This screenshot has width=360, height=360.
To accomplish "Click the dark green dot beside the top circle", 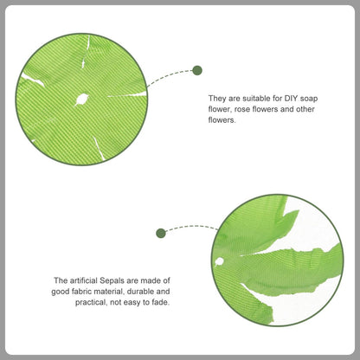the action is [197, 70].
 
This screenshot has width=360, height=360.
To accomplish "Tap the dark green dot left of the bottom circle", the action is [161, 233].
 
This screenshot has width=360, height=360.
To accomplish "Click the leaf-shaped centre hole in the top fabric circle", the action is [81, 100].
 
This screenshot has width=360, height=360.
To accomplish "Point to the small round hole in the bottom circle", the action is [219, 261].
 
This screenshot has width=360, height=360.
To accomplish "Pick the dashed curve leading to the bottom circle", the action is [191, 227].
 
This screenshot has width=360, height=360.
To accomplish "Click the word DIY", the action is [291, 99].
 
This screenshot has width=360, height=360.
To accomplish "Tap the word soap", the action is [309, 99].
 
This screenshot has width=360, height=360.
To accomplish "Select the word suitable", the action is [254, 99].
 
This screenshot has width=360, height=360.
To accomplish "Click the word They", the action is [217, 99].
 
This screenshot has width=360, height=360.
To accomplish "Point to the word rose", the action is [242, 110].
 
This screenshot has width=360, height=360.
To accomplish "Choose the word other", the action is [305, 109].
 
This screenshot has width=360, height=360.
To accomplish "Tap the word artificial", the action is [83, 280].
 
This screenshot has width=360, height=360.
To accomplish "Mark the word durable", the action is [140, 292].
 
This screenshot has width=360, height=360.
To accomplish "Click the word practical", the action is [92, 303].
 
